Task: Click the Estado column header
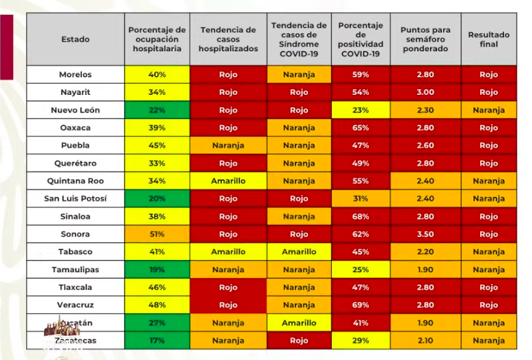click(x=75, y=40)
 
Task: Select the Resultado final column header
click(x=488, y=40)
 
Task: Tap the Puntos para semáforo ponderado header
click(x=425, y=40)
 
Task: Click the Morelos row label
click(x=75, y=75)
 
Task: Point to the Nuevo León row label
click(x=75, y=110)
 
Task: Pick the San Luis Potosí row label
click(x=75, y=199)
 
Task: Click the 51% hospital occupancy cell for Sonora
click(x=157, y=234)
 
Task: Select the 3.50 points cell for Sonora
click(x=425, y=234)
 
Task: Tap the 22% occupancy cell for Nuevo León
click(x=157, y=110)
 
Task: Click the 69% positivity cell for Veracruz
click(x=361, y=305)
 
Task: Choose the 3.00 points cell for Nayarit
click(x=425, y=92)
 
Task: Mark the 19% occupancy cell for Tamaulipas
click(x=157, y=270)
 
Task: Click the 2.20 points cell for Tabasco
click(x=425, y=252)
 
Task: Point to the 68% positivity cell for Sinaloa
click(x=361, y=216)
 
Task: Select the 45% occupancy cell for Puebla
click(x=157, y=146)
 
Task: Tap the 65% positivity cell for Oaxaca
click(x=361, y=128)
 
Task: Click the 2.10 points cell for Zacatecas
click(x=425, y=341)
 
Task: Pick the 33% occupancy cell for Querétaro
click(x=157, y=163)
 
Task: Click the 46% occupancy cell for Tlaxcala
click(x=157, y=287)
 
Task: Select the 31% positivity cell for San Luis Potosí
click(x=361, y=199)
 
